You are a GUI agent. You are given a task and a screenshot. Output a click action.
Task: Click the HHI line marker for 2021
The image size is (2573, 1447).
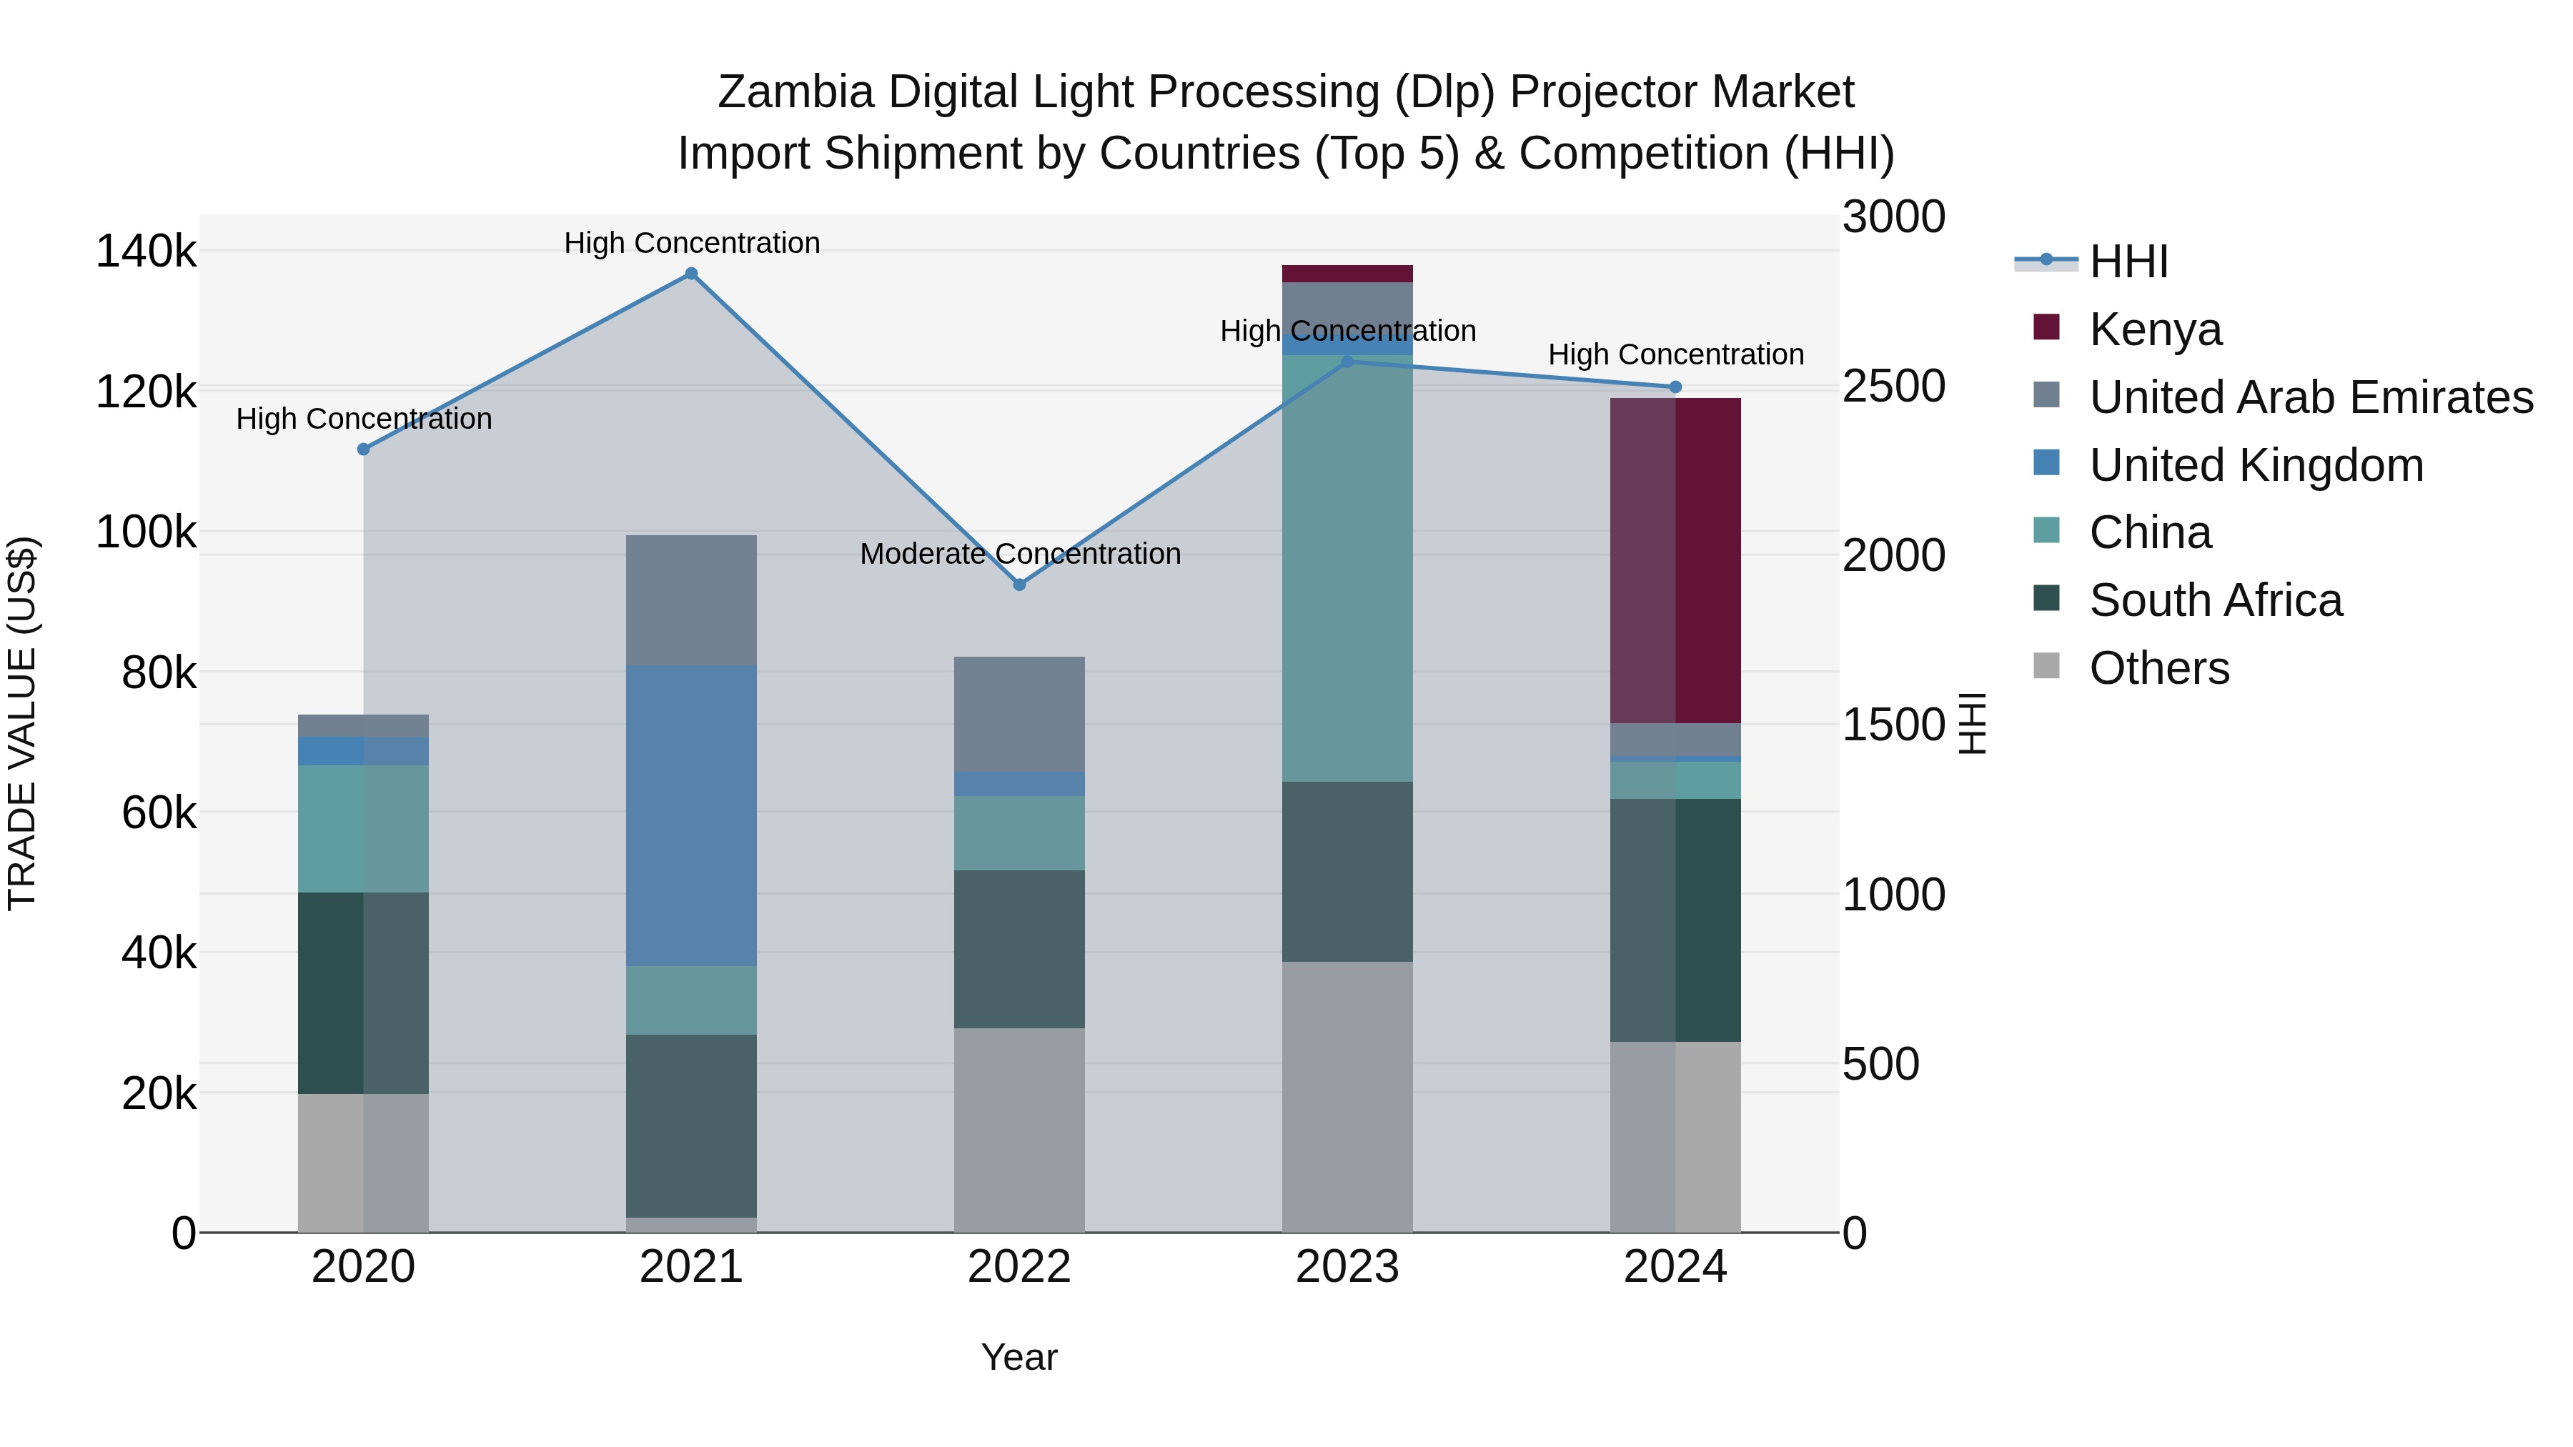click(691, 274)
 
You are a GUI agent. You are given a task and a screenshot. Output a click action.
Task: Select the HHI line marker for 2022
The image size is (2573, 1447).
click(1018, 585)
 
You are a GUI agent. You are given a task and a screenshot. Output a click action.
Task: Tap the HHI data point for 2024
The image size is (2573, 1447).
click(1675, 387)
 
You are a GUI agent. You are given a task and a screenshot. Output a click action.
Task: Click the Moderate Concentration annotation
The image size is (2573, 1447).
click(1020, 555)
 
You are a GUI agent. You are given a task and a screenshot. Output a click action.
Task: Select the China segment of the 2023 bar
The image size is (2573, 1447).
click(1347, 570)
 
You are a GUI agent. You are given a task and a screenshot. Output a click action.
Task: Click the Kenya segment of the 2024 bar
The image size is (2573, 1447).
click(1675, 560)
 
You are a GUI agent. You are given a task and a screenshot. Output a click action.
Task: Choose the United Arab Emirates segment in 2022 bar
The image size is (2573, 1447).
click(1018, 714)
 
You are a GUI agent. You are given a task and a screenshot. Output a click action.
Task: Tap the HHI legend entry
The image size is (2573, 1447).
click(2128, 262)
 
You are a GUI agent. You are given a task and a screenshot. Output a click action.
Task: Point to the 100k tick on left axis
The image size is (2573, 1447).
click(146, 532)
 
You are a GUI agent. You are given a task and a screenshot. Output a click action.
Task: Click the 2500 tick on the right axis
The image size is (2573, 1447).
click(1893, 387)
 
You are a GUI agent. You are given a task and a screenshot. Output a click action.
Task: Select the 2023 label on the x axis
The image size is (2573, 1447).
click(1347, 1267)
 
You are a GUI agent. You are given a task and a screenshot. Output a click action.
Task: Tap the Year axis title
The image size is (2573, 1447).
click(1018, 1357)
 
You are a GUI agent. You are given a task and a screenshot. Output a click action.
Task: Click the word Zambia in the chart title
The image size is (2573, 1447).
click(795, 92)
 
